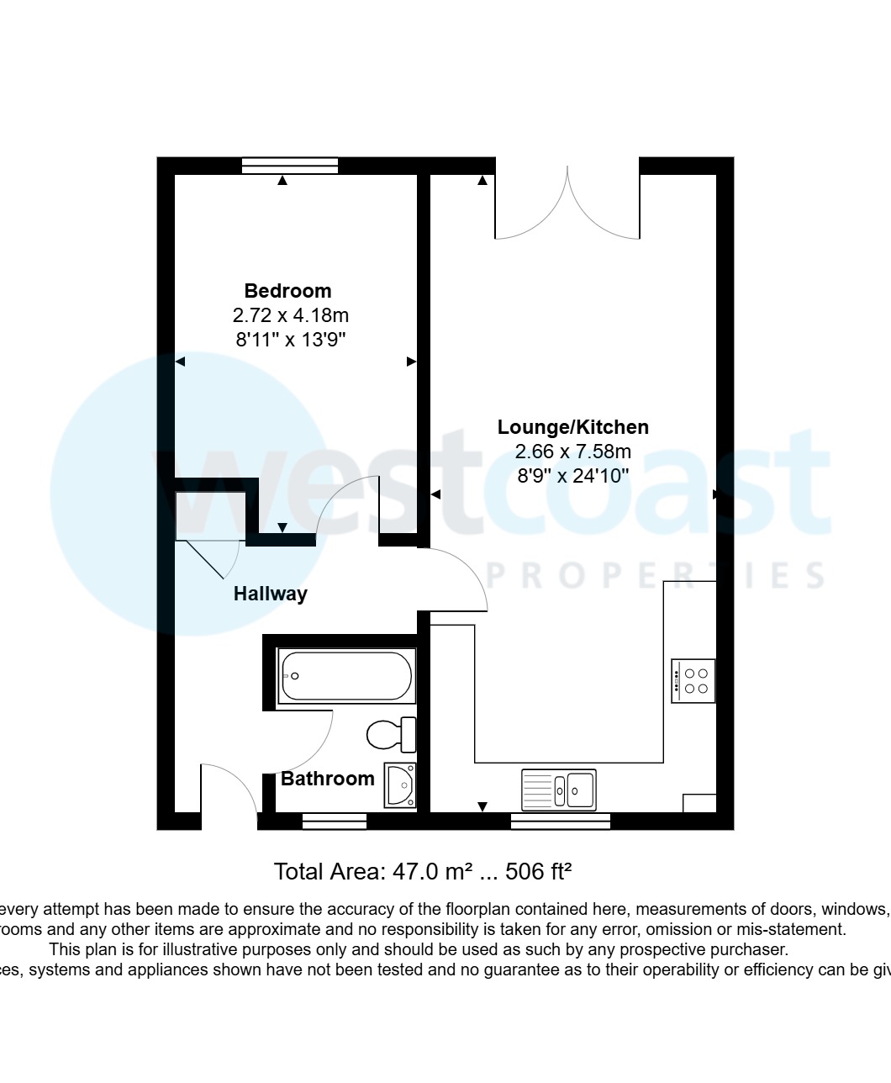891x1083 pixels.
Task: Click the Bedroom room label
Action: coord(287,291)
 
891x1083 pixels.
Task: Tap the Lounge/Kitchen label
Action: coord(572,427)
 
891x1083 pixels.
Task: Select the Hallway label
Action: coord(270,594)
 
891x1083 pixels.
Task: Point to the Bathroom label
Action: coord(327,779)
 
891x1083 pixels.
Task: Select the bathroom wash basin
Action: coord(400,785)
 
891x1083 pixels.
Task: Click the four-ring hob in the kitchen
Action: coord(693,680)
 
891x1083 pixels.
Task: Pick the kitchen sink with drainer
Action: coord(559,790)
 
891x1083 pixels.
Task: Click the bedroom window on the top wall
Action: coord(289,166)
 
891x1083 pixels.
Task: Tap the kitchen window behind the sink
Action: coord(560,821)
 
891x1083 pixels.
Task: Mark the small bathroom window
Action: coord(334,821)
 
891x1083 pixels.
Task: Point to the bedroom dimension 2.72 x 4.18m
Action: coord(290,316)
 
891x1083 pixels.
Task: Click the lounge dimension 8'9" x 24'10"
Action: coord(572,476)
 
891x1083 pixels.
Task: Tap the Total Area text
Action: coord(423,871)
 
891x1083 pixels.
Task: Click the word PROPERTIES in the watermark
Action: coord(656,576)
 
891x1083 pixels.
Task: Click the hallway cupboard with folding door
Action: coord(210,515)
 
